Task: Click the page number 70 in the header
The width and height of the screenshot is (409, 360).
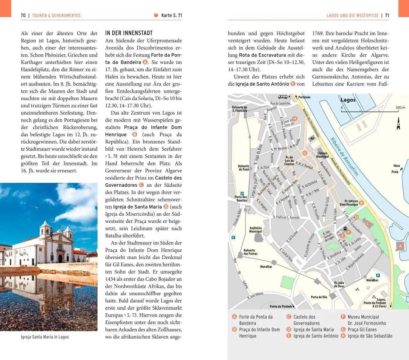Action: point(23,15)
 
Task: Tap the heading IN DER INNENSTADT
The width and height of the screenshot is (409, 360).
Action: point(129,33)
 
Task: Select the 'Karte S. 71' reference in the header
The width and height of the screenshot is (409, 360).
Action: point(171,15)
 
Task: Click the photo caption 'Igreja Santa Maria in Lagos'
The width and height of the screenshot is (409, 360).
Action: point(45,337)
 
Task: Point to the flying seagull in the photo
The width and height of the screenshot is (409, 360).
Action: point(37,208)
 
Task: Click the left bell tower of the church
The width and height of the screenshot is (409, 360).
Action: point(45,229)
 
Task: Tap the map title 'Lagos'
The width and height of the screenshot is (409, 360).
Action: point(348,100)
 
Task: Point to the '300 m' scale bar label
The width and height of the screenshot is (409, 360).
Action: point(400,107)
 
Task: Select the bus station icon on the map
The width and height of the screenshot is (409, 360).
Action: point(283,97)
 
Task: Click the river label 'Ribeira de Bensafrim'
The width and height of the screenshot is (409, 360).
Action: point(344,157)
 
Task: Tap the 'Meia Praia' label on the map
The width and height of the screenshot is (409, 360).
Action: point(396,169)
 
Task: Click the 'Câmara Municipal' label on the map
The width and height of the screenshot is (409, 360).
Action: point(322,155)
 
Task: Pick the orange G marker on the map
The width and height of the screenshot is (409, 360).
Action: point(305,153)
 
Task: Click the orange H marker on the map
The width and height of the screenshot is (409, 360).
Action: point(294,119)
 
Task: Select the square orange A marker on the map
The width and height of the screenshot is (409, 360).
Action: point(400,246)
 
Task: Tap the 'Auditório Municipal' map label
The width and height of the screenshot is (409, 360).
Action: point(255,230)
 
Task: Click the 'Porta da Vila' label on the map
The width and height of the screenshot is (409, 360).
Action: point(319,297)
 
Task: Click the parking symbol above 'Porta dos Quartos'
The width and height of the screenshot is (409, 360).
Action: point(242,193)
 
